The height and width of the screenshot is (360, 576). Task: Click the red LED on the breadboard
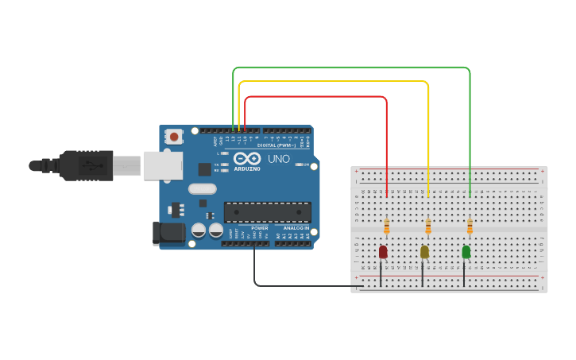[383, 252]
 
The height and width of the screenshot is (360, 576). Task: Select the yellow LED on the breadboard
[424, 252]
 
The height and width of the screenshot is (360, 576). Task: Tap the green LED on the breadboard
[466, 252]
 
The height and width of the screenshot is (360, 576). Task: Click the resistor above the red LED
[387, 227]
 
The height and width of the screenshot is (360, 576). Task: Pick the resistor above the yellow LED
[428, 227]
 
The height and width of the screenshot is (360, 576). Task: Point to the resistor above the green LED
[470, 227]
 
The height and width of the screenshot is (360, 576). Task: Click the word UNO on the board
[279, 159]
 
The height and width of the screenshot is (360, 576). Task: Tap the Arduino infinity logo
[247, 158]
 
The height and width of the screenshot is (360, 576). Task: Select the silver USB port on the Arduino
[163, 165]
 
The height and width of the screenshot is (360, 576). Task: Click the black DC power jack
[168, 232]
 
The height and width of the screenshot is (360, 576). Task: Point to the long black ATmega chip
[267, 212]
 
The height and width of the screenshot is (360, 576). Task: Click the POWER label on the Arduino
[260, 228]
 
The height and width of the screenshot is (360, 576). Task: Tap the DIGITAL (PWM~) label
[276, 145]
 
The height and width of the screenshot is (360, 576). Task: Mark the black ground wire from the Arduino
[302, 285]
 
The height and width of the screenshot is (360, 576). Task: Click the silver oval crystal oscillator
[203, 189]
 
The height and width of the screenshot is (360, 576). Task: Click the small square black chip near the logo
[204, 168]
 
